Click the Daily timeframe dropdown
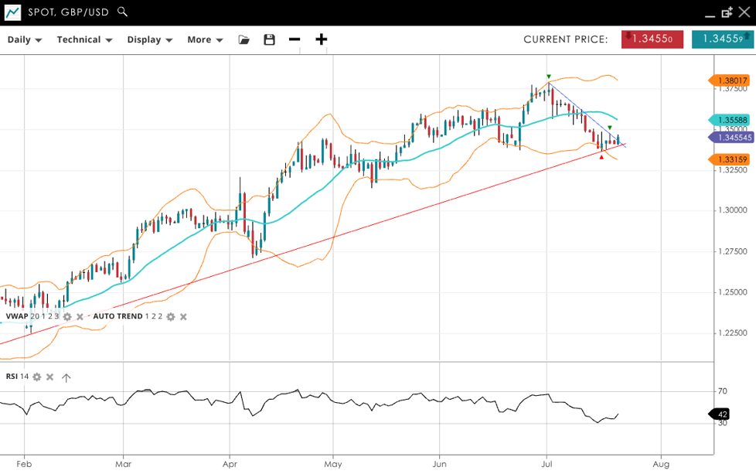coord(25,39)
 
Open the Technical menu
coord(84,39)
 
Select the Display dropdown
coord(149,39)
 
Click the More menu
coord(205,39)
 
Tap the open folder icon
coord(244,39)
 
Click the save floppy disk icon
coord(269,39)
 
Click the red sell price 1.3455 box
coord(652,39)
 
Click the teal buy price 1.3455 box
coord(722,39)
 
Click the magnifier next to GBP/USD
coord(123,12)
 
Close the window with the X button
coord(744,12)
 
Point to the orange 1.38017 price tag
coord(730,80)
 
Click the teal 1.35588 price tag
coord(730,120)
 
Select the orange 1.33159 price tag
coord(730,160)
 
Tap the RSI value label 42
coord(722,414)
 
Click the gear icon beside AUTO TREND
coord(171,316)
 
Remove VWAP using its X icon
coord(80,316)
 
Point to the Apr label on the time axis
coord(229,464)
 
